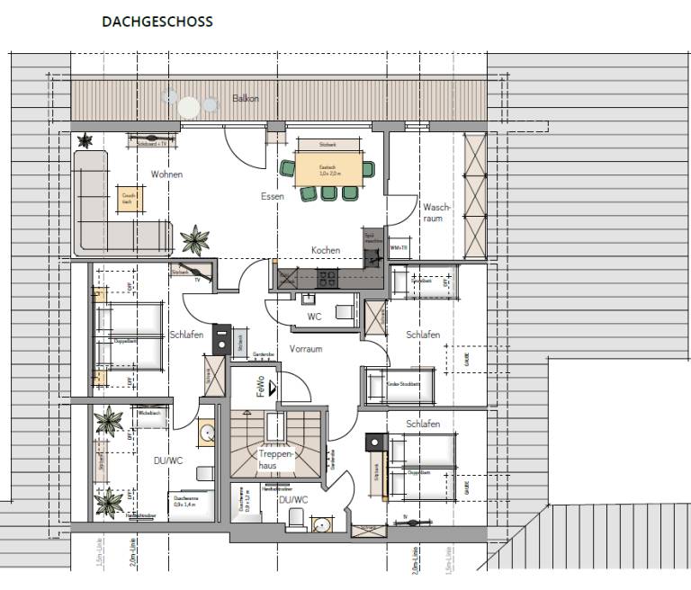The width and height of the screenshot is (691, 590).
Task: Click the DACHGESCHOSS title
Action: click(157, 22)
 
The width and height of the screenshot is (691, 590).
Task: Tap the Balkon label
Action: click(246, 98)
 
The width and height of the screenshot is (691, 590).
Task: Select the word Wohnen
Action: click(167, 174)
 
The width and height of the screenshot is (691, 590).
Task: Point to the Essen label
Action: click(274, 196)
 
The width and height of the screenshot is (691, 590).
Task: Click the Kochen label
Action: click(325, 250)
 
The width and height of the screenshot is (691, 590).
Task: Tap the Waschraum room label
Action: click(435, 212)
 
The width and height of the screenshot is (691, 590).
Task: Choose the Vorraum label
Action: click(306, 349)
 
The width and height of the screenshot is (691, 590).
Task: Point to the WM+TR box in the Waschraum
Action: click(398, 246)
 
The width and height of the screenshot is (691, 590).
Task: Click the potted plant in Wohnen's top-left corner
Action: click(85, 140)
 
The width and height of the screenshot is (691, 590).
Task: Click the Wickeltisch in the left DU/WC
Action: click(148, 412)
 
